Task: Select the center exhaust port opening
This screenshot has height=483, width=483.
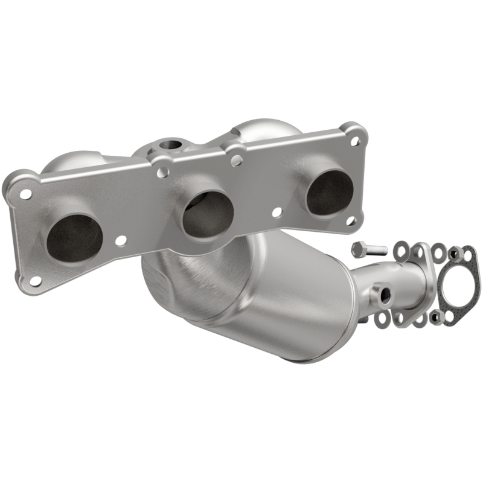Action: coord(208,215)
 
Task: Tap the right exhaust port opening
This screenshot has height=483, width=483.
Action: coord(329,191)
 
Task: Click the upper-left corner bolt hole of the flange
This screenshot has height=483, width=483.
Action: coord(25,194)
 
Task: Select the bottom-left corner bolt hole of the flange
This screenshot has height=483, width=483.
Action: coord(36,280)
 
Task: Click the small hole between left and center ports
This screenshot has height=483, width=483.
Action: coord(121,241)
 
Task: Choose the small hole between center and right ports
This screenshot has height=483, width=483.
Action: coord(277,213)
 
